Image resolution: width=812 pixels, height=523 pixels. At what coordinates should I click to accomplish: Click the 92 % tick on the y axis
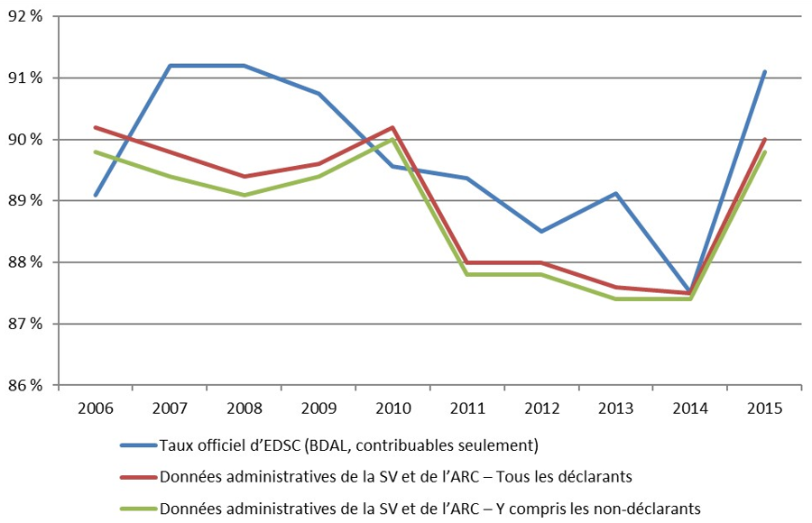(27, 16)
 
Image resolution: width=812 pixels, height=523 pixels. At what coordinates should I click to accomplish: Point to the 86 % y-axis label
(27, 386)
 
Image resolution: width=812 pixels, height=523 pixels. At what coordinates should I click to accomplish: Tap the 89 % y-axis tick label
(27, 201)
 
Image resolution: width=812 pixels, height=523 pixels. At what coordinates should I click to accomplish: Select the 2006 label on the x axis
(95, 407)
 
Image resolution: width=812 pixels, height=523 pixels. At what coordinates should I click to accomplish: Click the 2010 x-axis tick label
(392, 407)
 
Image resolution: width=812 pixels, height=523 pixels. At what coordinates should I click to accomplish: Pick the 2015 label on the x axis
(765, 407)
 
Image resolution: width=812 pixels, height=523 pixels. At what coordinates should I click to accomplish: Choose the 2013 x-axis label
(616, 407)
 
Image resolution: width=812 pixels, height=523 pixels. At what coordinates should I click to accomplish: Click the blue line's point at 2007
(170, 66)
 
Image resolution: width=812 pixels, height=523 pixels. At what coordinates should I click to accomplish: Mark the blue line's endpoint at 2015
(765, 71)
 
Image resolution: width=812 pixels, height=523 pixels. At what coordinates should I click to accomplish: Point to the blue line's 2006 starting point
(95, 195)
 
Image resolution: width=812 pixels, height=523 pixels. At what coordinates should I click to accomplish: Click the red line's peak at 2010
(392, 127)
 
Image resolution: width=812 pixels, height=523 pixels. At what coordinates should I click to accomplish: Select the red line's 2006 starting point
(95, 127)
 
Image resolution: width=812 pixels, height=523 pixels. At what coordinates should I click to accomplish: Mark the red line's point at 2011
(467, 262)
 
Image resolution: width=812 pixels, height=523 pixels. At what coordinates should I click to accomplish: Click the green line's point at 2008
(244, 195)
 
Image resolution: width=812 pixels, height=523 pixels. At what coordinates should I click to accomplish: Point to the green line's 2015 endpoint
(765, 151)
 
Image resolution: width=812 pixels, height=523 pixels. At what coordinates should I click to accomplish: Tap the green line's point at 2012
(541, 274)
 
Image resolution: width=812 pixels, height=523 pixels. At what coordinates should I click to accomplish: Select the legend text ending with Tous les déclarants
(396, 476)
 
